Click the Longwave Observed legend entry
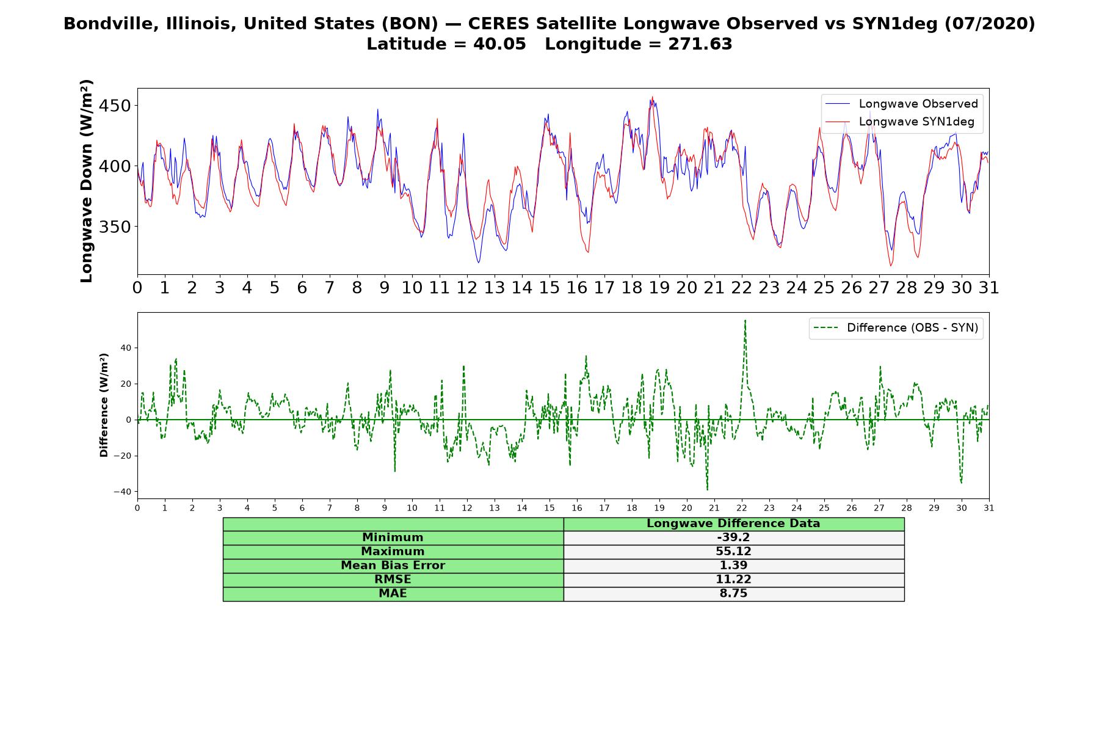point(901,104)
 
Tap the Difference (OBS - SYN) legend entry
point(896,328)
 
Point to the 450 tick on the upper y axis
point(115,106)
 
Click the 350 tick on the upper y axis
point(115,227)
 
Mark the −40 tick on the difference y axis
point(123,492)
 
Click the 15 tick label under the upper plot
point(549,288)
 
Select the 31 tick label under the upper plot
point(989,288)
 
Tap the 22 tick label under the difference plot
point(742,508)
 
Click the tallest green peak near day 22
point(745,320)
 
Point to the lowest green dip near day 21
point(707,489)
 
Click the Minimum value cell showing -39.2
point(733,538)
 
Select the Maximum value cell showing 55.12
point(733,552)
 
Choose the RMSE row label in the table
point(393,580)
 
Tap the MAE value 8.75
point(733,594)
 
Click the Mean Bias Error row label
point(393,566)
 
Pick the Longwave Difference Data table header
point(733,523)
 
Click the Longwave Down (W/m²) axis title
point(87,181)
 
